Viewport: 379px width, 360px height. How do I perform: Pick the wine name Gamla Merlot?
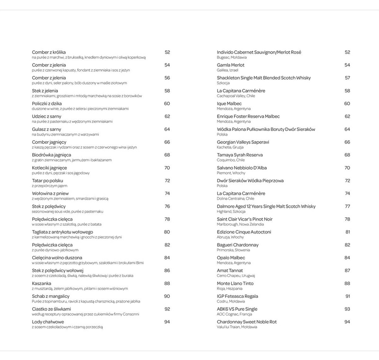coord(231,65)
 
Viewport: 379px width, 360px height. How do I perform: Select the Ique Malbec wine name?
coord(229,103)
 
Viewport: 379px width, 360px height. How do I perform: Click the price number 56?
coord(167,78)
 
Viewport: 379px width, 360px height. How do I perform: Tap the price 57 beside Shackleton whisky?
coord(347,78)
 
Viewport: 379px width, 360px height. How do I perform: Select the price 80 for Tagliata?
coord(167,232)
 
